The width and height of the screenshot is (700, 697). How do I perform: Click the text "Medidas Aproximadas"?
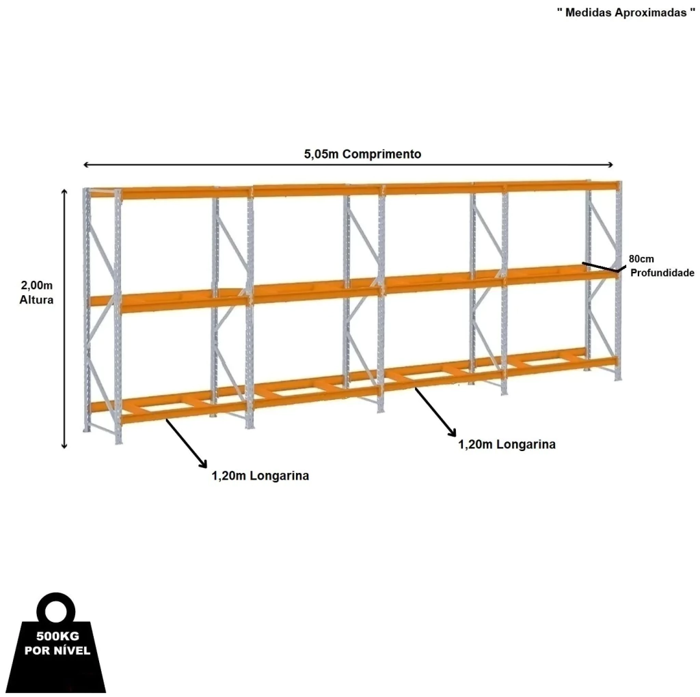coord(626,12)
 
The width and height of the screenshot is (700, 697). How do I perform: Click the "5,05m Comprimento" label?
coord(362,154)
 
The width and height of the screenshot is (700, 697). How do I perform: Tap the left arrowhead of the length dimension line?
coord(85,165)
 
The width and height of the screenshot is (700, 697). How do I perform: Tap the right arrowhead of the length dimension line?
coord(610,165)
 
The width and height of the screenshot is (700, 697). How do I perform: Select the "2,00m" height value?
coord(37,285)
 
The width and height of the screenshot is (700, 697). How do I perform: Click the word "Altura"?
coord(36,299)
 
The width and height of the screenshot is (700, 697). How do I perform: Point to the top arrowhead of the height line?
coord(64,192)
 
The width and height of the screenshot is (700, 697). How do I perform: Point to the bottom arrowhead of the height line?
coord(64,446)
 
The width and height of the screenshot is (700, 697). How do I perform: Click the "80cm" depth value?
coord(641,259)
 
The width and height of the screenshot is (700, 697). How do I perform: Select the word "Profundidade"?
coord(662,273)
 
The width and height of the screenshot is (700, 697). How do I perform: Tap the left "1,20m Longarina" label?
coord(260,476)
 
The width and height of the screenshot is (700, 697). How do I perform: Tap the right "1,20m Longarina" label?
coord(507,444)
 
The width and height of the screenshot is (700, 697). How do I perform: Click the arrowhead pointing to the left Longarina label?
coord(204,464)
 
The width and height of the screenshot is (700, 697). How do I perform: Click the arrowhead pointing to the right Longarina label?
coord(453,433)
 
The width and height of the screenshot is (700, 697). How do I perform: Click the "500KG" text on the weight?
coord(57,636)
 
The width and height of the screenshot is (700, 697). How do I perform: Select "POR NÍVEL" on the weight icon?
coord(57,650)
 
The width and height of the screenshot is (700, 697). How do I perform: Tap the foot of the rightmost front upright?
coord(618,379)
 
